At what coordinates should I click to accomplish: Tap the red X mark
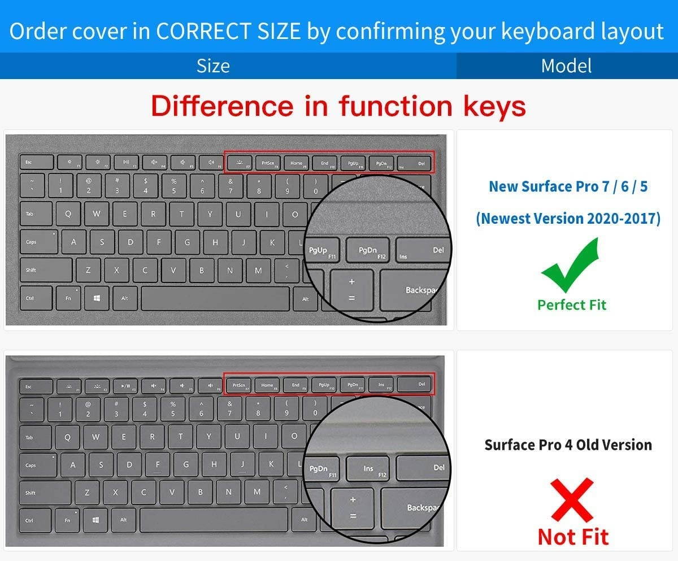click(572, 501)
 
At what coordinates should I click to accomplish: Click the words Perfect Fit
click(572, 305)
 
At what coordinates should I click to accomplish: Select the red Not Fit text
click(573, 536)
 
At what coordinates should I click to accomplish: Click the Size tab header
click(213, 66)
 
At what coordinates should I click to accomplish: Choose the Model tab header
click(566, 66)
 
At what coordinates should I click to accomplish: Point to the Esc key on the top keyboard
click(36, 163)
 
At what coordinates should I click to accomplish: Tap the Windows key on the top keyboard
click(97, 298)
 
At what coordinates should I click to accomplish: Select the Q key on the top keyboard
click(68, 214)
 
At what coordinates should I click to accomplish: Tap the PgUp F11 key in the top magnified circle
click(320, 251)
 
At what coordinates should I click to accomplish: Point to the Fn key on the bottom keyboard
click(68, 520)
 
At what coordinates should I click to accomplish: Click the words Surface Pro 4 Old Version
click(568, 445)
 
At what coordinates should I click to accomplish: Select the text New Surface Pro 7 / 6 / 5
click(568, 186)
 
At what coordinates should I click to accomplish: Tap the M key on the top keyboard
click(258, 270)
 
